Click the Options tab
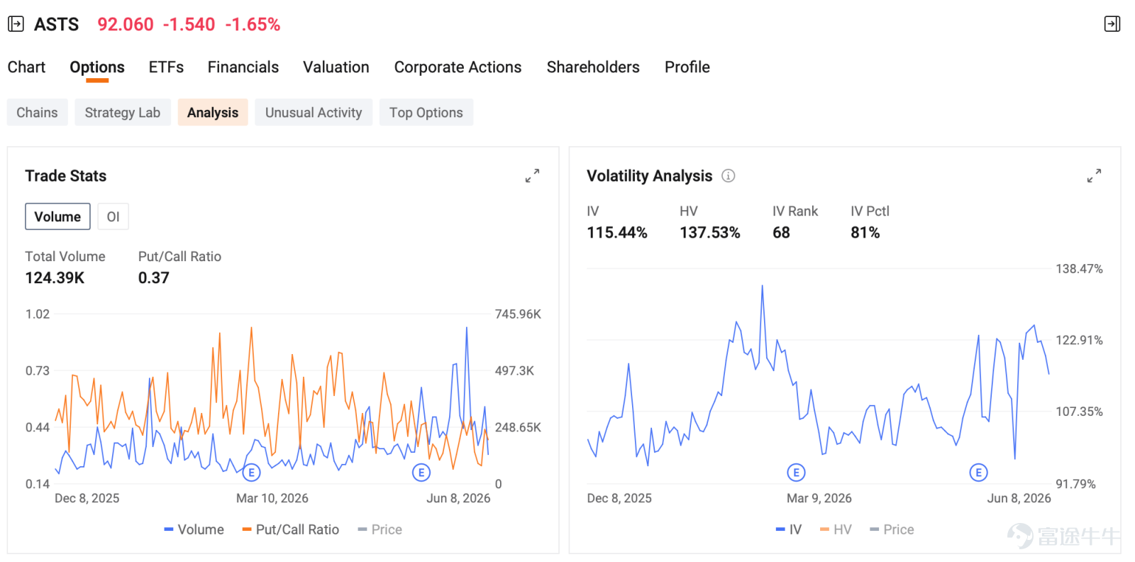[96, 67]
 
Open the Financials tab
[243, 67]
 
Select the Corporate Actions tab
[458, 67]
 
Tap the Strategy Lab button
[123, 112]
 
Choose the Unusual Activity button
[314, 112]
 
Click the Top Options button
[426, 112]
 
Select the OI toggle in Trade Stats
[113, 217]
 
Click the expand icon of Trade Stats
[532, 176]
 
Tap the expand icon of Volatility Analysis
[1094, 176]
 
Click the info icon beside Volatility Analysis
[728, 176]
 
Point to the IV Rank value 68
[781, 233]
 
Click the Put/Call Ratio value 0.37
[153, 277]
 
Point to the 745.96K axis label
[518, 314]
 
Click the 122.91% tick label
[1079, 340]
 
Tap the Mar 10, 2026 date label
[272, 498]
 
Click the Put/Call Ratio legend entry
[290, 529]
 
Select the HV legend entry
[836, 529]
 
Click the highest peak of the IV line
[762, 286]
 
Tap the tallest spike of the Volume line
[467, 328]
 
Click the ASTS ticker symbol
[56, 24]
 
